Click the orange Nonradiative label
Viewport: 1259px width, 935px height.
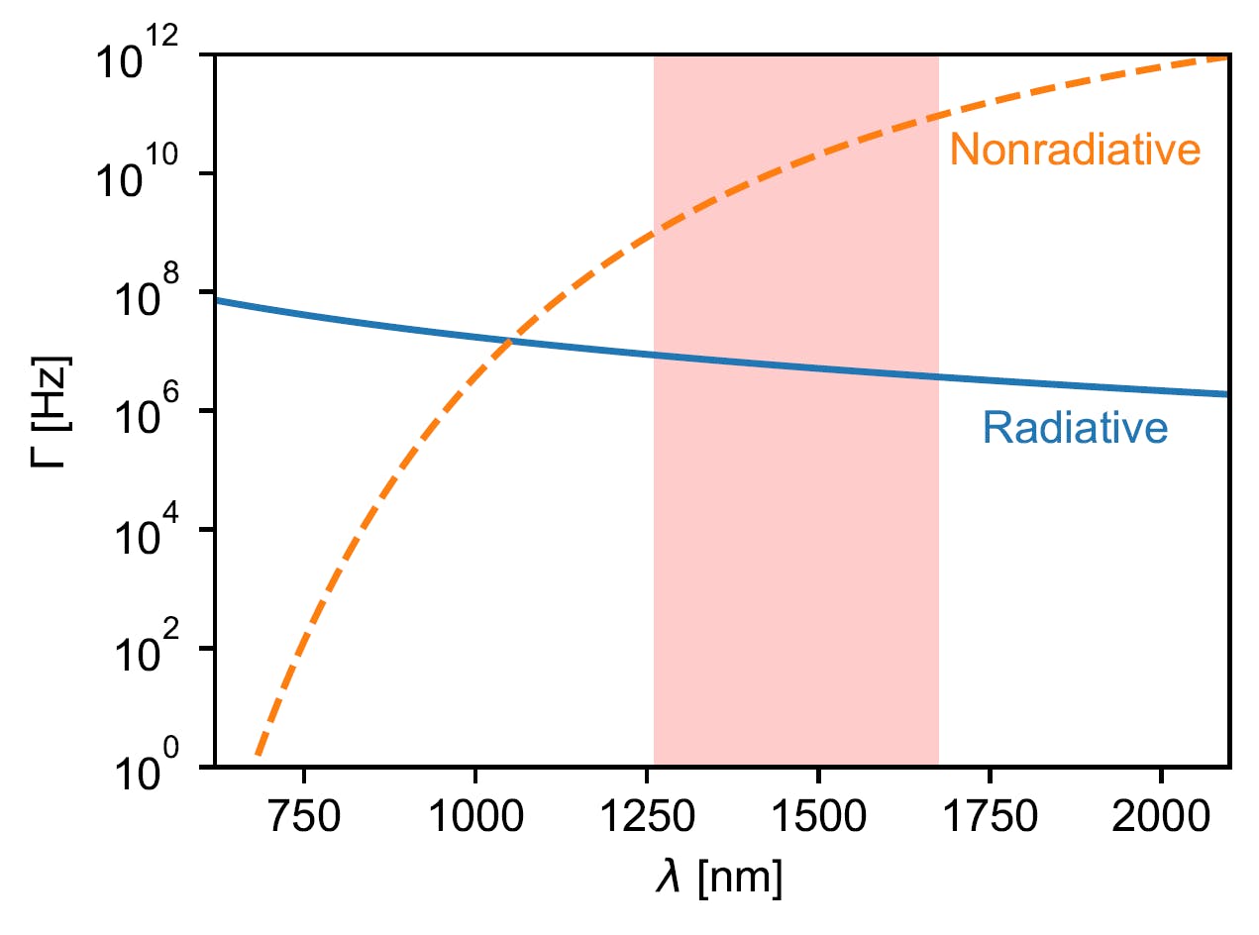pos(1075,151)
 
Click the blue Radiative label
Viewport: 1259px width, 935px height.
pos(1075,429)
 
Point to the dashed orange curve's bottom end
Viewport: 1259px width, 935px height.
pos(257,755)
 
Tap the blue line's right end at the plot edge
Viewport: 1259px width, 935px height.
pos(1227,395)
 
